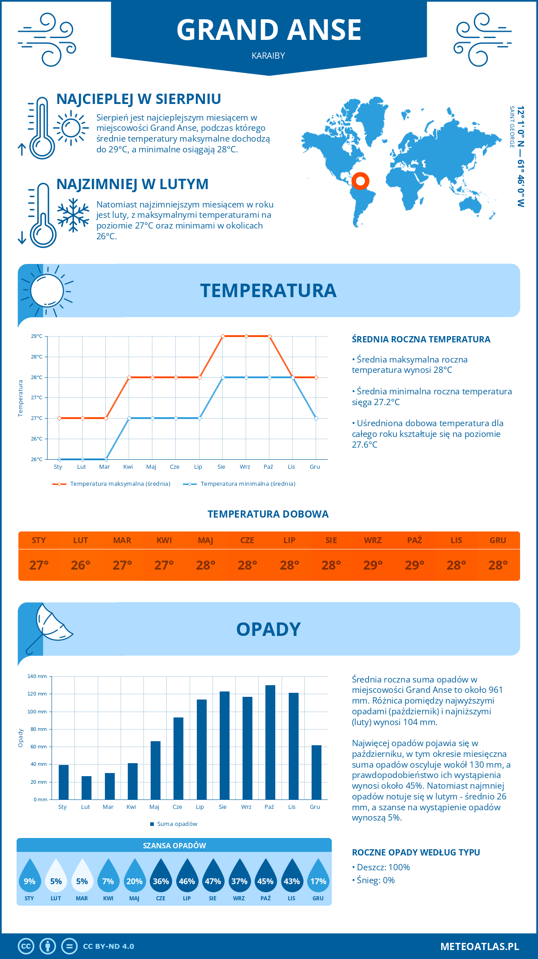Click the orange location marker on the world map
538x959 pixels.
pos(360,181)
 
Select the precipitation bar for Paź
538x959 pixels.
pos(270,742)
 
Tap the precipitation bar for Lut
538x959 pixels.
pos(86,787)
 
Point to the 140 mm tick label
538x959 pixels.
pos(37,676)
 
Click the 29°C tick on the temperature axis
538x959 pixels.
pos(37,336)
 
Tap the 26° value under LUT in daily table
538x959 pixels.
pos(81,566)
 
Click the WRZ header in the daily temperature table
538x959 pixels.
pos(373,540)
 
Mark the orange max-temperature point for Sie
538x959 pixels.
pos(223,336)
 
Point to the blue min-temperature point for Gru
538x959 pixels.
pos(316,418)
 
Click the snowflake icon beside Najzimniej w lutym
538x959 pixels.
pos(73,215)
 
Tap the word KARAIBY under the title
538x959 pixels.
pos(269,56)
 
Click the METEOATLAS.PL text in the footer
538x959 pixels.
pos(480,946)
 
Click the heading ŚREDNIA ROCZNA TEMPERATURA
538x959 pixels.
pos(421,340)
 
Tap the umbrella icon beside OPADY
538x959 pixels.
pos(49,626)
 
